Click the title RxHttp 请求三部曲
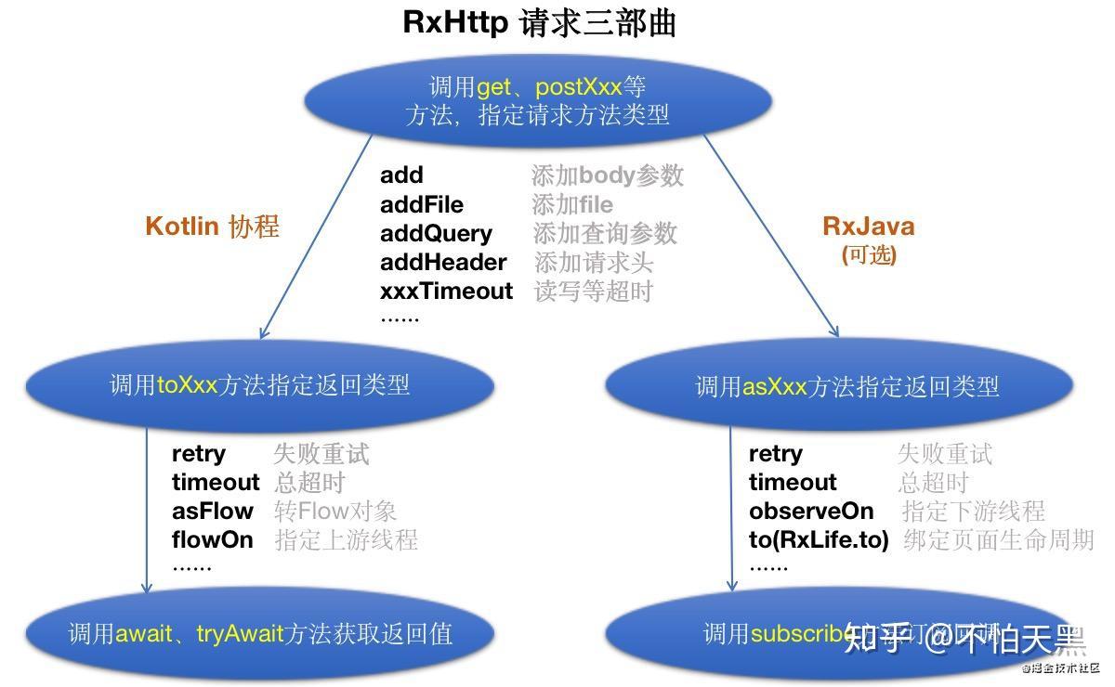[x=539, y=22]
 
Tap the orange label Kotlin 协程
[x=212, y=227]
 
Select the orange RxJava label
[x=869, y=227]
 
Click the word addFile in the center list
[x=421, y=204]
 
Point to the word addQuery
[x=436, y=233]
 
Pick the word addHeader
[x=443, y=262]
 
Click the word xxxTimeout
[x=446, y=291]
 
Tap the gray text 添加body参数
[x=607, y=175]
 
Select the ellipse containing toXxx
[x=259, y=385]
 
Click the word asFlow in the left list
[x=212, y=511]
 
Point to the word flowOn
[x=212, y=539]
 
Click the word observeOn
[x=811, y=511]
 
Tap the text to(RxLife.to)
[x=819, y=539]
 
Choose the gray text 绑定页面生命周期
[x=998, y=539]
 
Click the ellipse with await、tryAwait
[x=259, y=633]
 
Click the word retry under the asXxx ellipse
[x=775, y=453]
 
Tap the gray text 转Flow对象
[x=335, y=511]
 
